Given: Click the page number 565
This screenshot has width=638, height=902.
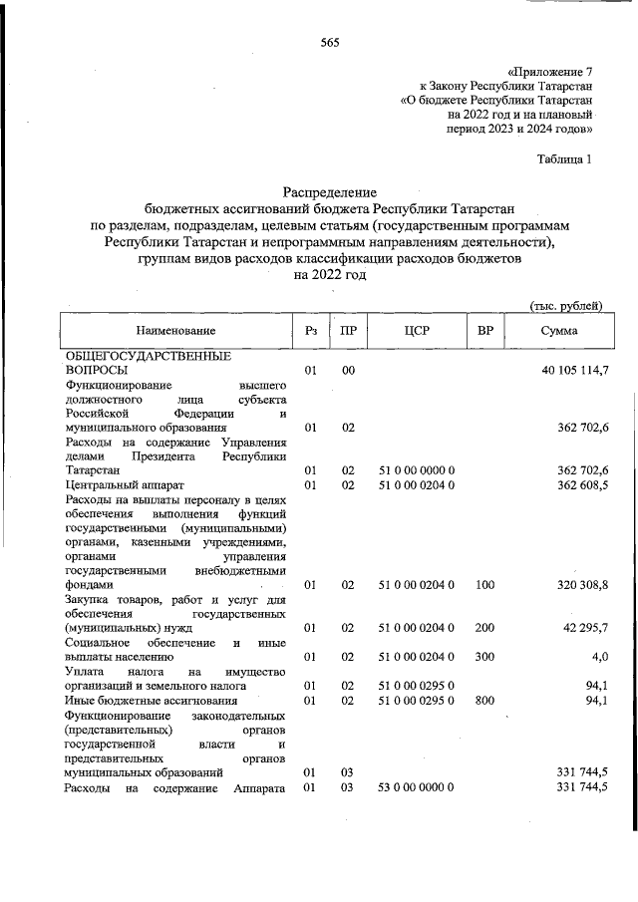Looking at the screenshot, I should [x=330, y=42].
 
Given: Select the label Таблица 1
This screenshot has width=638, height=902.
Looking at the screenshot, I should [x=565, y=158].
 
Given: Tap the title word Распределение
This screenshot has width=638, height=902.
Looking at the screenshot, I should [x=330, y=190].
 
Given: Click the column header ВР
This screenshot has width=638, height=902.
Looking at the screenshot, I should [x=485, y=330].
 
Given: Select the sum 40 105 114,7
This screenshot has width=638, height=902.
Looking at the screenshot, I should [x=573, y=370].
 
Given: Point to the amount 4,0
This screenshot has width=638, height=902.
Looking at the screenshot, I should [x=598, y=657].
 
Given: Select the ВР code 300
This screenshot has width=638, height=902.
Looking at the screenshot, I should [x=485, y=657].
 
